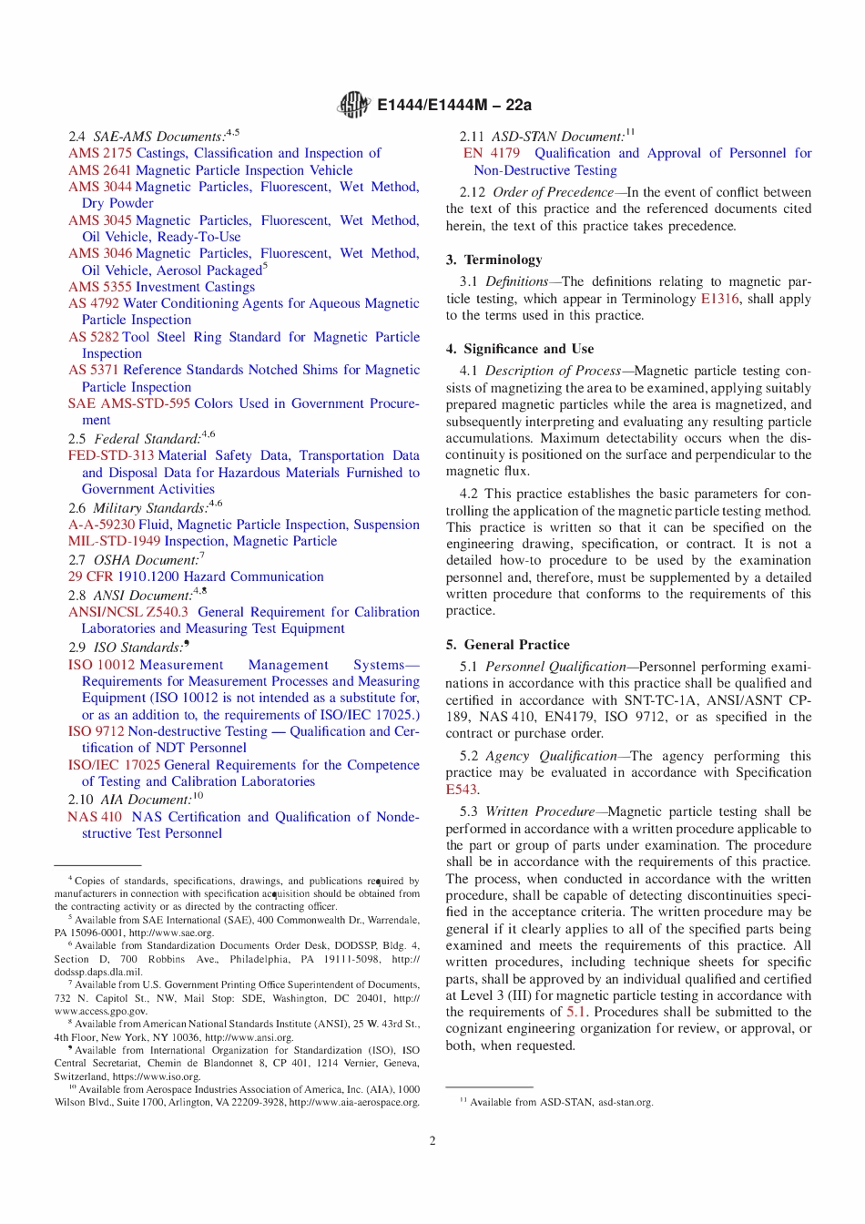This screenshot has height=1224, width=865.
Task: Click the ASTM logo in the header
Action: pyautogui.click(x=354, y=105)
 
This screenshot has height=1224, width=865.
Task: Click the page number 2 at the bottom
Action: pyautogui.click(x=432, y=1140)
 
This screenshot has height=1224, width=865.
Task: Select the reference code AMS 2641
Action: pyautogui.click(x=99, y=170)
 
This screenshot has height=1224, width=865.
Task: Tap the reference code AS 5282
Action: pyautogui.click(x=94, y=337)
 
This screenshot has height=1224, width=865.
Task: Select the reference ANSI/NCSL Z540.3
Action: pyautogui.click(x=127, y=612)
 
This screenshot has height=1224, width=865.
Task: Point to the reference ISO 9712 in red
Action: pyautogui.click(x=96, y=731)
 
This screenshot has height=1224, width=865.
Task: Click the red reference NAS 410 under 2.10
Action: pyautogui.click(x=94, y=817)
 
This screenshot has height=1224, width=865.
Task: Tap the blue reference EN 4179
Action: pyautogui.click(x=492, y=153)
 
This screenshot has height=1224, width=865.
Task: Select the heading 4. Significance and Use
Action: pyautogui.click(x=519, y=349)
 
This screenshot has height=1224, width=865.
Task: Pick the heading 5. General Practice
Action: pyautogui.click(x=507, y=645)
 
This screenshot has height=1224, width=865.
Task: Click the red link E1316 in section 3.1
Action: pyautogui.click(x=719, y=299)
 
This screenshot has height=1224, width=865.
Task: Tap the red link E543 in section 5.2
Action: pyautogui.click(x=461, y=790)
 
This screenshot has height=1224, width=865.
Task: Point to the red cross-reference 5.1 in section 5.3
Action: pyautogui.click(x=576, y=1012)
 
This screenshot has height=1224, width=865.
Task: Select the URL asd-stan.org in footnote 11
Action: pyautogui.click(x=626, y=1102)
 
